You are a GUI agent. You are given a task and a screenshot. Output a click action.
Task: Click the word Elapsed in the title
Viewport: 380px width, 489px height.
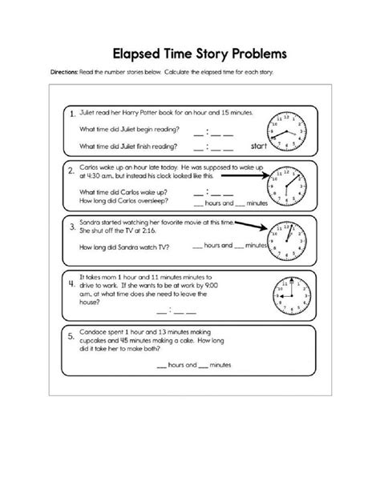(136, 54)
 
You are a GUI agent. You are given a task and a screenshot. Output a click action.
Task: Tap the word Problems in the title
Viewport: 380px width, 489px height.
(259, 54)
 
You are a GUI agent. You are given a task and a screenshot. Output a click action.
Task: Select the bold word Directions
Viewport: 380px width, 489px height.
(64, 72)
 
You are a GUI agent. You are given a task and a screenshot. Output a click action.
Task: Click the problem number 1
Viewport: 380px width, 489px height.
(72, 114)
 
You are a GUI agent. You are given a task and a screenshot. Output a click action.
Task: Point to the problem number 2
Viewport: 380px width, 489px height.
(71, 170)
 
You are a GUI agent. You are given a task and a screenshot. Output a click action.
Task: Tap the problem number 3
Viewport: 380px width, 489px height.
(72, 226)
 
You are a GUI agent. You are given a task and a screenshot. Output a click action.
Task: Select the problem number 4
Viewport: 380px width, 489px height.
(72, 283)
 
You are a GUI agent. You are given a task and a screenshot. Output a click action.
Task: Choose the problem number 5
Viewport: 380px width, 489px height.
(71, 336)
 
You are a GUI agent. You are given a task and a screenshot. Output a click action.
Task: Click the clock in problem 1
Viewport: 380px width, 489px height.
(286, 131)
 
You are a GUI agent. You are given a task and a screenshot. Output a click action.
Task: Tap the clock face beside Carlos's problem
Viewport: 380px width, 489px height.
(286, 186)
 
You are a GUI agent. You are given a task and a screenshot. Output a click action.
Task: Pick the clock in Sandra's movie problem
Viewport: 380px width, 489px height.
(286, 241)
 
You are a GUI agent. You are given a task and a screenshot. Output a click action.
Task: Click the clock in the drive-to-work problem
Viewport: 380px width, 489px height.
(292, 295)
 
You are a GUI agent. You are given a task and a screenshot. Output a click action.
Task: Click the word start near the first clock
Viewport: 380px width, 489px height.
(259, 146)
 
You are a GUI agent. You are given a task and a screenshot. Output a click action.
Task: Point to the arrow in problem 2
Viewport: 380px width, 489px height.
(245, 175)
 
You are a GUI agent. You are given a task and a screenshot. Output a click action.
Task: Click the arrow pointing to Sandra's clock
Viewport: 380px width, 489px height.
(251, 226)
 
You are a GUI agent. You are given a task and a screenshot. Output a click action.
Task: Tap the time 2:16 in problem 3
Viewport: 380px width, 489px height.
(148, 230)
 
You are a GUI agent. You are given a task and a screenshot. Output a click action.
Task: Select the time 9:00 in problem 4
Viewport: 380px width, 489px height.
(212, 286)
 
